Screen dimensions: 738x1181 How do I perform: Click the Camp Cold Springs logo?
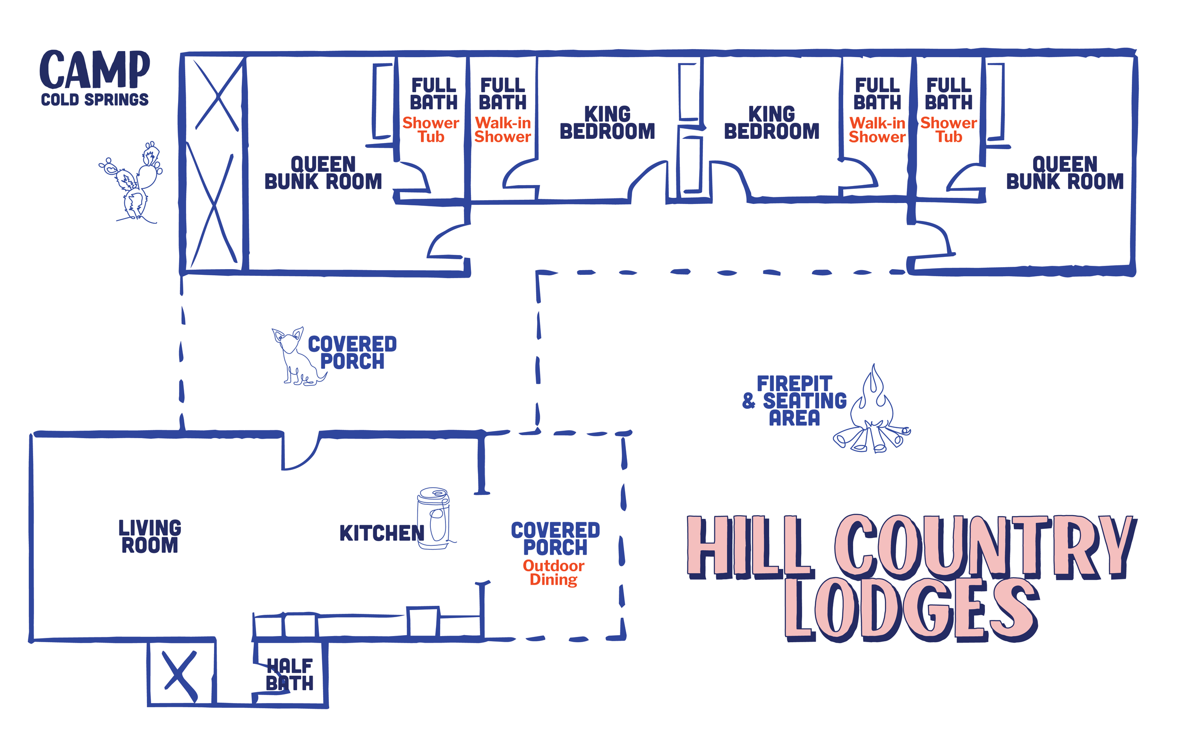point(94,78)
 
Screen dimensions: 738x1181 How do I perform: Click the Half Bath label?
point(290,675)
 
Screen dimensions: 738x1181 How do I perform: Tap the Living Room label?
point(150,536)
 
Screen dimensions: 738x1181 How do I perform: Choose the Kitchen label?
point(382,533)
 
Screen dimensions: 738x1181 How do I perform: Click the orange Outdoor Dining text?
point(554,573)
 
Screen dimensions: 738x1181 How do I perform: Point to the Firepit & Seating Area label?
point(794,401)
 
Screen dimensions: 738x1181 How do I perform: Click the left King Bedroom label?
point(608,122)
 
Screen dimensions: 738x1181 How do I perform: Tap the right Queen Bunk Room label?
point(1065,173)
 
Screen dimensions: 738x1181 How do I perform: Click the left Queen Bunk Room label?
point(323,173)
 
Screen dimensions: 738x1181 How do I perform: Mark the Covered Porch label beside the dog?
point(352,352)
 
